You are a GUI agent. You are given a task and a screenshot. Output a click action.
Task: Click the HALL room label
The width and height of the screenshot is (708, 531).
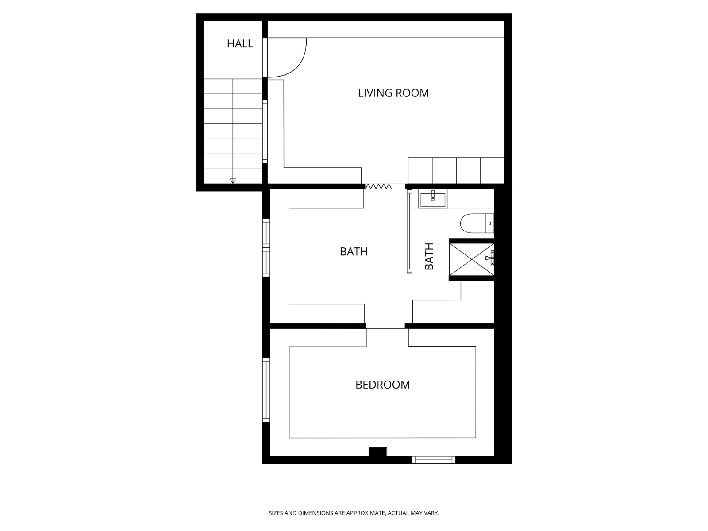240,43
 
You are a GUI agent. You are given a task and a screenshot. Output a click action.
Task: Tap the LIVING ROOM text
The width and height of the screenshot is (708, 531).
393,93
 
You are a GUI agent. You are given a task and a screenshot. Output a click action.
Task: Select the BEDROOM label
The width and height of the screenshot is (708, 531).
382,385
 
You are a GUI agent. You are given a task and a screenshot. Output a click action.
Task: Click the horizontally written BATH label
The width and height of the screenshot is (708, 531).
354,251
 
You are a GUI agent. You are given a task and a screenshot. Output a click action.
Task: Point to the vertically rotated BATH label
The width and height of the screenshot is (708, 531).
429,256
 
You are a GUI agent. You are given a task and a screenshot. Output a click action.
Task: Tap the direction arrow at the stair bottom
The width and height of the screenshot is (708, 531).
233,181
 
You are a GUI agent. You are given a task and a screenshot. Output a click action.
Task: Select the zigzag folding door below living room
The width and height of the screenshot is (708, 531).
377,186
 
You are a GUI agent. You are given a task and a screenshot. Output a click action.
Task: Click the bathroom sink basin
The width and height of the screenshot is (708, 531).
433,199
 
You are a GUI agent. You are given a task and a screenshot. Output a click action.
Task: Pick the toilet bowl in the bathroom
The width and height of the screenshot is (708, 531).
471,223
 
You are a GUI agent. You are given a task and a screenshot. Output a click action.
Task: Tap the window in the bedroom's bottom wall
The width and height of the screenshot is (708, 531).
433,460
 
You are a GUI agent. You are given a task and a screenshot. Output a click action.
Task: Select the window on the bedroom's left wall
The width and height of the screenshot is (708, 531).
266,389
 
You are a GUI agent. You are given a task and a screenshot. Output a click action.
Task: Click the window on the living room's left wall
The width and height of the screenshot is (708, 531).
265,131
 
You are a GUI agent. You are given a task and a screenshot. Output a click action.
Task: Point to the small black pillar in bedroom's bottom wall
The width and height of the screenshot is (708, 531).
377,452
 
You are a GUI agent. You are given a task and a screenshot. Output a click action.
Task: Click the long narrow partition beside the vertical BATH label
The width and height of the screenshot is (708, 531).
409,231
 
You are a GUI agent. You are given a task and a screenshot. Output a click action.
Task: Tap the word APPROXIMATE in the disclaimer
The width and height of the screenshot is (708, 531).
365,513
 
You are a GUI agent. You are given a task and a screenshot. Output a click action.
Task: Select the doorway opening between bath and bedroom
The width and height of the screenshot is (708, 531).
385,327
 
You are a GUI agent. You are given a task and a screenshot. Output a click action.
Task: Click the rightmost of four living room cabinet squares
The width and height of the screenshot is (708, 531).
492,170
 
